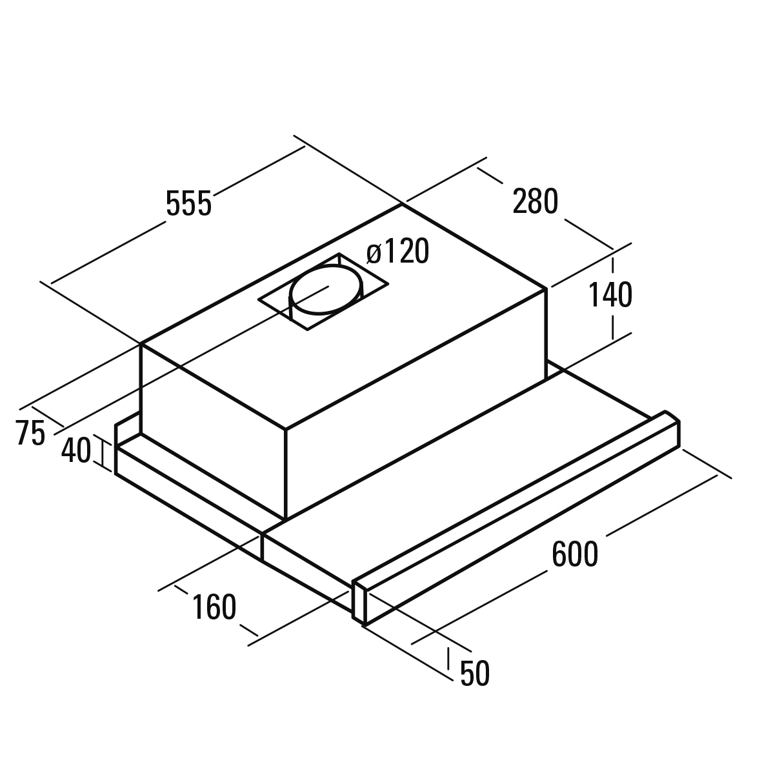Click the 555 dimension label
point(188,203)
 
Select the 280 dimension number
point(535,201)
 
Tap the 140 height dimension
point(610,294)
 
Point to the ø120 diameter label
point(398,251)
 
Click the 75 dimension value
point(30,432)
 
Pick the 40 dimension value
point(75,450)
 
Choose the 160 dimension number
point(214,607)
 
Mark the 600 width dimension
point(575,554)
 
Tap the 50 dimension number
point(475,674)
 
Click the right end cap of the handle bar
point(672,428)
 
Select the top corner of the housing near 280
point(403,205)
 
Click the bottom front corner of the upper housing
point(286,519)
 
